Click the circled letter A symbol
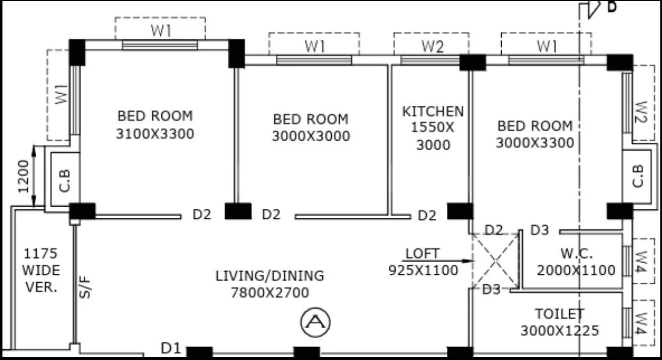[316, 322]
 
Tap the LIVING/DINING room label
[269, 276]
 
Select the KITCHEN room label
[432, 111]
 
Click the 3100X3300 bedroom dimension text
[155, 133]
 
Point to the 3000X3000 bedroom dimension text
[311, 136]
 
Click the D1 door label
[171, 349]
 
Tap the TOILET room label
[559, 314]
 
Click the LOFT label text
[423, 253]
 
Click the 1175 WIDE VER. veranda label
[40, 270]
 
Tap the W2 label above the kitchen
[432, 46]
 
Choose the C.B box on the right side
[638, 176]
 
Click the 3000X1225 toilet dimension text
[559, 331]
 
